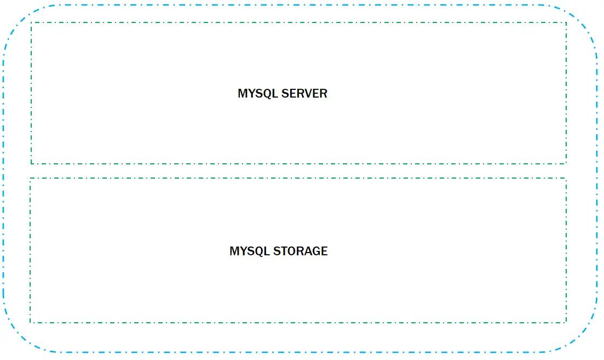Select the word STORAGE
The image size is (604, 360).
tap(301, 252)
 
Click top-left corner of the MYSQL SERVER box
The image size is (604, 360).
tap(32, 23)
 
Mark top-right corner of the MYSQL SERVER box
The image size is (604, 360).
tap(566, 23)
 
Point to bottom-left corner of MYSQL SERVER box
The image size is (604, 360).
tap(32, 163)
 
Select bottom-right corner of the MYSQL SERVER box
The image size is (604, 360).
tap(566, 163)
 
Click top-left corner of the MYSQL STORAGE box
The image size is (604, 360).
tap(31, 179)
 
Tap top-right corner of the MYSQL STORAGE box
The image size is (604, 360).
tap(566, 179)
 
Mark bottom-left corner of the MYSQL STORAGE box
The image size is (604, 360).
tap(31, 322)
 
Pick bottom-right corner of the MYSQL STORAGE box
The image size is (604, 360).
tap(566, 322)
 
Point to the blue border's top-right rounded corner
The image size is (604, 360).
tap(583, 20)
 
